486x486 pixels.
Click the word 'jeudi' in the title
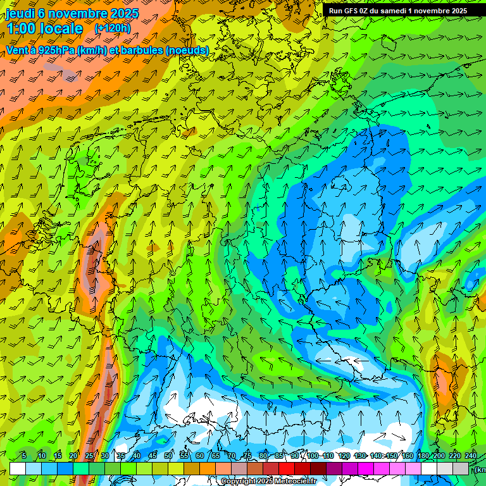point(20,13)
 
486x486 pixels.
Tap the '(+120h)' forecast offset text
point(113,28)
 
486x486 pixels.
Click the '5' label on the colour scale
point(24,456)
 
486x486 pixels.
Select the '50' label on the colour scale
point(168,456)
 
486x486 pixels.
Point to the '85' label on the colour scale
point(279,456)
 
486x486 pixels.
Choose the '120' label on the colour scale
point(344,456)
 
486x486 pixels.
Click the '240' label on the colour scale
point(471,456)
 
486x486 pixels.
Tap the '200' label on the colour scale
point(439,456)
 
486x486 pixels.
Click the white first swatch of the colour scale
point(18,468)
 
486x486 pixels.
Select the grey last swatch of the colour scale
point(461,468)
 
